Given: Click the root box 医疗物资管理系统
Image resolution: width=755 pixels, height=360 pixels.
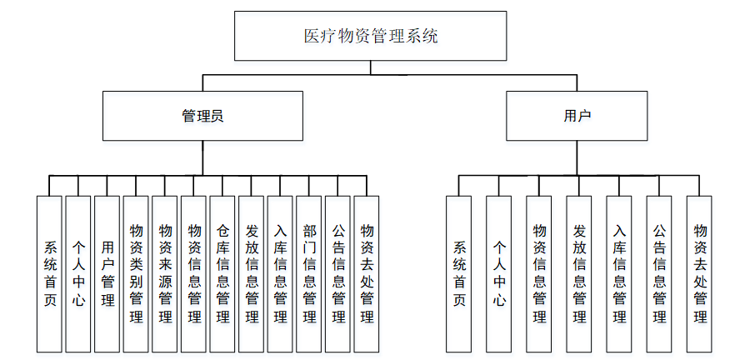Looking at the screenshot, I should tap(370, 36).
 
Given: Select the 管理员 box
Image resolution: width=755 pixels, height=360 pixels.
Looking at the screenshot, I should tap(202, 116).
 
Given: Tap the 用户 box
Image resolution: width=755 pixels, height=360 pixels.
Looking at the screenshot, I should tap(577, 116).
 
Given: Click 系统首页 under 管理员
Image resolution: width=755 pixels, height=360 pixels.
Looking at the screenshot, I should tap(49, 273).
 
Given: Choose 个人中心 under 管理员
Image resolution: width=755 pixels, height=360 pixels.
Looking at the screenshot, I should tap(78, 273).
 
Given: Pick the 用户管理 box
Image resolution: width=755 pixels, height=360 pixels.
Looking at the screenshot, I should tap(107, 273).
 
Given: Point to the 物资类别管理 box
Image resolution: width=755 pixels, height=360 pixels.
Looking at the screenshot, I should tap(136, 273).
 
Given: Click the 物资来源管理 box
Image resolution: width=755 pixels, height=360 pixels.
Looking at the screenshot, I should tap(165, 273).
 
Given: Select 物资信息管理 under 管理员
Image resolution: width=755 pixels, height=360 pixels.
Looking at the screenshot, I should tap(193, 273).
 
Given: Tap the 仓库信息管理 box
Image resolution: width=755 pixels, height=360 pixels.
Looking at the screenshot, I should tap(222, 273).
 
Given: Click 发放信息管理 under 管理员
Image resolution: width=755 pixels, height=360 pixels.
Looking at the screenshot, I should tap(251, 273).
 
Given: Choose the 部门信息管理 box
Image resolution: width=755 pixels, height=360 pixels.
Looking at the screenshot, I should tap(309, 273).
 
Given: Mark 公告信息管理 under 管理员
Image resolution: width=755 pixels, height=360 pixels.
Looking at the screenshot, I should tap(337, 273).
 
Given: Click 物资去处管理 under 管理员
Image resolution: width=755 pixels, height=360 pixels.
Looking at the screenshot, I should tap(367, 273).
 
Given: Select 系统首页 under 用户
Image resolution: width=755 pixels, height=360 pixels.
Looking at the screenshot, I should tap(458, 273).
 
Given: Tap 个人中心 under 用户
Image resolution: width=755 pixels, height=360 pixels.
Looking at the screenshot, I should tap(499, 273).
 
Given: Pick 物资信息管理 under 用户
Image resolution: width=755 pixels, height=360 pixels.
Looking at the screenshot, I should tap(539, 273).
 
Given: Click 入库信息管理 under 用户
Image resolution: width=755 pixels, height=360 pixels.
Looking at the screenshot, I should tap(619, 273).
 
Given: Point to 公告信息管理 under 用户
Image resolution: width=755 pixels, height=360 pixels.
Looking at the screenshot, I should tap(659, 273).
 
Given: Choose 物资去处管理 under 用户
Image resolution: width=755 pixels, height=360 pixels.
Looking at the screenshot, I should tap(699, 273).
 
